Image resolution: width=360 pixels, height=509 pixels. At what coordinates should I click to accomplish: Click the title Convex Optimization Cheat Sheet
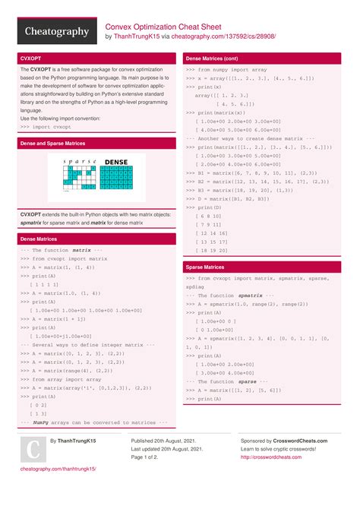tap(163, 25)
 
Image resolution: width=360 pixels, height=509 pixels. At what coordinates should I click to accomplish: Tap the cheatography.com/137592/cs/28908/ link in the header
tap(224, 36)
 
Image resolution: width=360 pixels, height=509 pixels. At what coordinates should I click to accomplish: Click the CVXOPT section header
tap(31, 58)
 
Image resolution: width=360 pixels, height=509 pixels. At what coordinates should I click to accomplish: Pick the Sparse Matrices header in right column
tap(204, 267)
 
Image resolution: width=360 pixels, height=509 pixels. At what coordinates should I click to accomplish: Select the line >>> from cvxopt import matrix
tap(64, 259)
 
